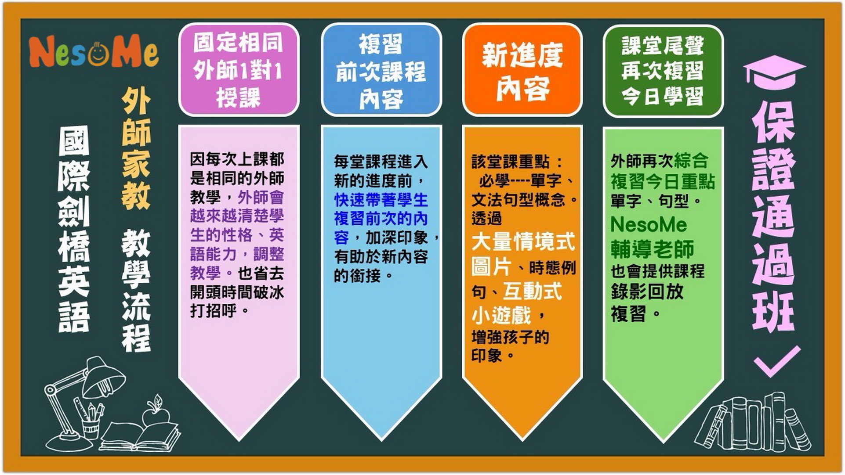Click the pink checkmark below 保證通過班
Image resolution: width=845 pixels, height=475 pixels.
777,361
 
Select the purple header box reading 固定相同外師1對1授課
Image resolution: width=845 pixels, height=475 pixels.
239,70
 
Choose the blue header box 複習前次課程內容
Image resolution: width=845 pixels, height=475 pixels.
381,70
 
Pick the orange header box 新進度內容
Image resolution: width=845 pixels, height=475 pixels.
522,70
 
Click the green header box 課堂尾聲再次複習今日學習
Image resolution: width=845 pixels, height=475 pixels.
663,71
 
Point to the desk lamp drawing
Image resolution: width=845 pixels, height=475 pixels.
83,402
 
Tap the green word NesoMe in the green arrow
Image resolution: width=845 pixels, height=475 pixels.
649,225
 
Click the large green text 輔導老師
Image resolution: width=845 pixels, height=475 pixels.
653,249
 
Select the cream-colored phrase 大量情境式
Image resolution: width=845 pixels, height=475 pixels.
523,242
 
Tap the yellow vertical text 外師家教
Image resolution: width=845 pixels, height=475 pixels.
136,148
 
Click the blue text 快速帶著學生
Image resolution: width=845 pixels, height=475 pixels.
381,200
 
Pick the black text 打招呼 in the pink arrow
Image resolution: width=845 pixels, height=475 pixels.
214,311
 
